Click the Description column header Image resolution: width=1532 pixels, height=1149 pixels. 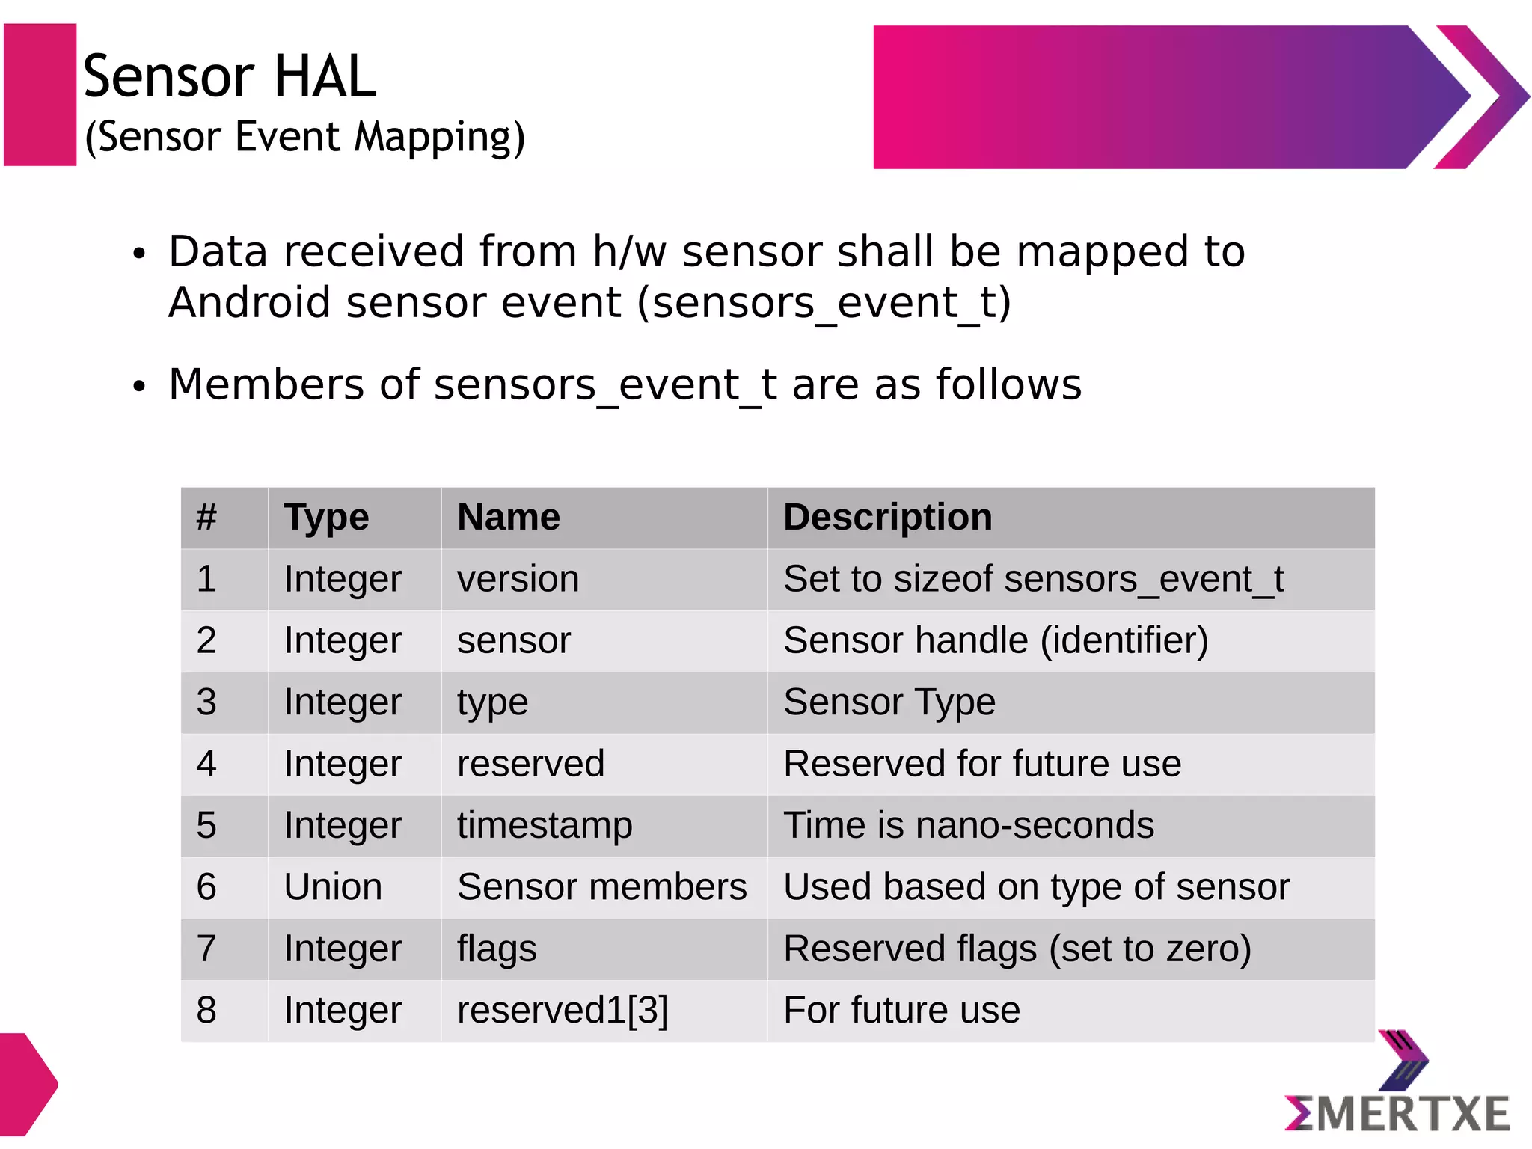click(x=887, y=518)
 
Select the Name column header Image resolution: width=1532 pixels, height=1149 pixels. click(x=509, y=518)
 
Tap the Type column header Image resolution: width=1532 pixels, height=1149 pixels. click(x=326, y=518)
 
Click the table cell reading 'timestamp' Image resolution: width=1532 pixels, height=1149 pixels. click(x=545, y=826)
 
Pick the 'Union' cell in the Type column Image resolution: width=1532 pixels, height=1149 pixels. click(x=333, y=887)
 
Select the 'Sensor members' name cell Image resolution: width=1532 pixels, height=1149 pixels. click(x=601, y=887)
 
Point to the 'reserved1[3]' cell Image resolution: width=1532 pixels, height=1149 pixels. click(x=563, y=1011)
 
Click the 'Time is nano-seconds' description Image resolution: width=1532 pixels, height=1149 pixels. click(x=969, y=826)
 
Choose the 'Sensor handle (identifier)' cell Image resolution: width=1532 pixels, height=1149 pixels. click(x=996, y=641)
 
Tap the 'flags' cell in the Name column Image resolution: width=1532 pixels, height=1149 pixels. click(x=497, y=949)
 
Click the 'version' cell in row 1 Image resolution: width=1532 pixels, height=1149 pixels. click(x=518, y=580)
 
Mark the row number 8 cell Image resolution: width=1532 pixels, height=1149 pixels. click(x=206, y=1011)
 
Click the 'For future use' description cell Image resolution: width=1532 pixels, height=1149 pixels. click(x=901, y=1011)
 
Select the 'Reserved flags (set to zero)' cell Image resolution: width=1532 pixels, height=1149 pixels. click(x=1017, y=949)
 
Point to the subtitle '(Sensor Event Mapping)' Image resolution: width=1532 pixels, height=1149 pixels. click(x=305, y=138)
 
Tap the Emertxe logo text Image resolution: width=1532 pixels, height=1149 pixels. click(x=1397, y=1114)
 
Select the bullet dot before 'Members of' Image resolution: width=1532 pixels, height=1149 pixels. click(x=138, y=387)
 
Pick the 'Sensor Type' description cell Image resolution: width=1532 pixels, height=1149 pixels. click(x=889, y=702)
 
